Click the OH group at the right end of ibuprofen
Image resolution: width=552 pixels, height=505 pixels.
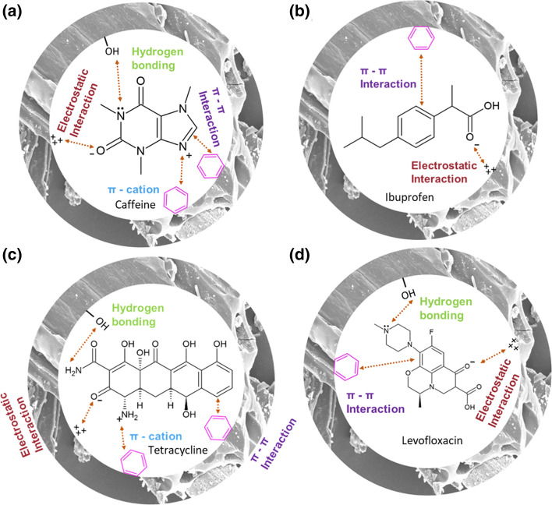[x=467, y=110]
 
